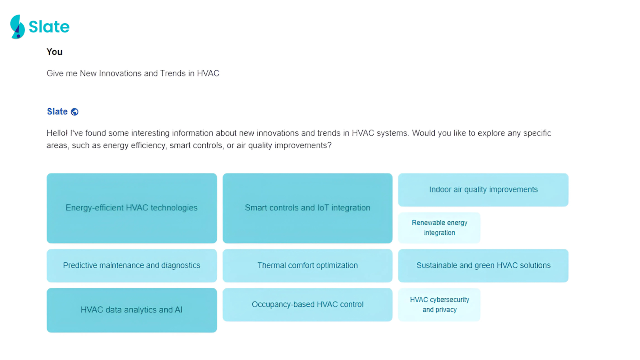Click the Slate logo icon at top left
coord(17,27)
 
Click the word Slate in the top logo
coord(49,27)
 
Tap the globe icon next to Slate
coord(75,112)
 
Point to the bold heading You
coord(54,52)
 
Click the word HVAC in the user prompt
coord(208,73)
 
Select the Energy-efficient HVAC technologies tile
coord(132,208)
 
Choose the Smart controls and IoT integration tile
coord(307,208)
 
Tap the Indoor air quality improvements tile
coord(483,190)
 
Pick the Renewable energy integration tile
coord(439,228)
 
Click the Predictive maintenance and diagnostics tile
coord(132,266)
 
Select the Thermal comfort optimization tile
coord(307,266)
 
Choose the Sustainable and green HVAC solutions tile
coord(483,266)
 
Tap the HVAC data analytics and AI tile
coord(132,310)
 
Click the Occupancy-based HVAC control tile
coord(307,304)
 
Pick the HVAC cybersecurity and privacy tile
coord(439,304)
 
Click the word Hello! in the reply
coord(57,133)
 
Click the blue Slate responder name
coord(57,112)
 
